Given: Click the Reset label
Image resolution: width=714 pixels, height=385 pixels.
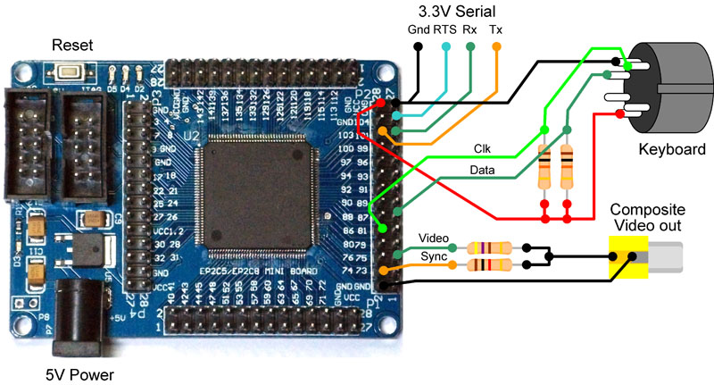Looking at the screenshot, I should coord(71,45).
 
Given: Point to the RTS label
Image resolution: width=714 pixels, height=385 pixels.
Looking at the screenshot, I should coord(445,29).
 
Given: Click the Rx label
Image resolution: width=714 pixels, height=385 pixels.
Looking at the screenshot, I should coord(469,29).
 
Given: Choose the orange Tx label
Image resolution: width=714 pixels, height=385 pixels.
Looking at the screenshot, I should coord(496,29).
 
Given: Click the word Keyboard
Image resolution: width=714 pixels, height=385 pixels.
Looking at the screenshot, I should coord(671,149).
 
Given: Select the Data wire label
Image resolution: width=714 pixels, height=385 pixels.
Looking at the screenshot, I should coord(483,171).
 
